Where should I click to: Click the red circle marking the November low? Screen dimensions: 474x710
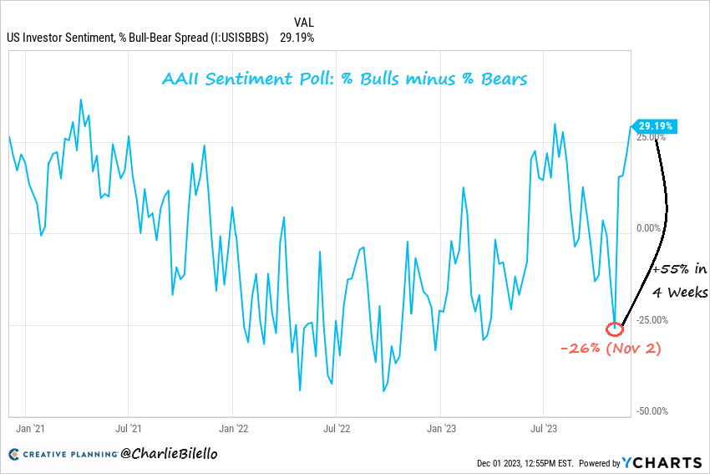click(x=614, y=329)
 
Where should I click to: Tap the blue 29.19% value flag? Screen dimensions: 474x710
click(x=656, y=126)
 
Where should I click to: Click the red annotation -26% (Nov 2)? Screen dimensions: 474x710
click(x=611, y=348)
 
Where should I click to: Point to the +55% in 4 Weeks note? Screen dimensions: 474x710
click(x=680, y=281)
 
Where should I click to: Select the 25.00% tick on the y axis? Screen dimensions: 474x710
click(x=652, y=136)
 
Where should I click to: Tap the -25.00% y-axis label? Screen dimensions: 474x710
click(x=652, y=320)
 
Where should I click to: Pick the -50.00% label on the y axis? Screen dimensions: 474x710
click(x=652, y=411)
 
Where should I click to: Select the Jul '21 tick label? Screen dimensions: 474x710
click(x=128, y=429)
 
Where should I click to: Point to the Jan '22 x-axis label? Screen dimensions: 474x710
click(x=233, y=429)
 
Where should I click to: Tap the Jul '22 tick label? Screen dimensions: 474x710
click(x=336, y=429)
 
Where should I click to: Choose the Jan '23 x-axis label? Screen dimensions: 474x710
click(x=441, y=429)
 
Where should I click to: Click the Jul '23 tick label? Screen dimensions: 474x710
click(x=544, y=429)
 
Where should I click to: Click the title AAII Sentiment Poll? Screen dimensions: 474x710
click(x=343, y=80)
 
